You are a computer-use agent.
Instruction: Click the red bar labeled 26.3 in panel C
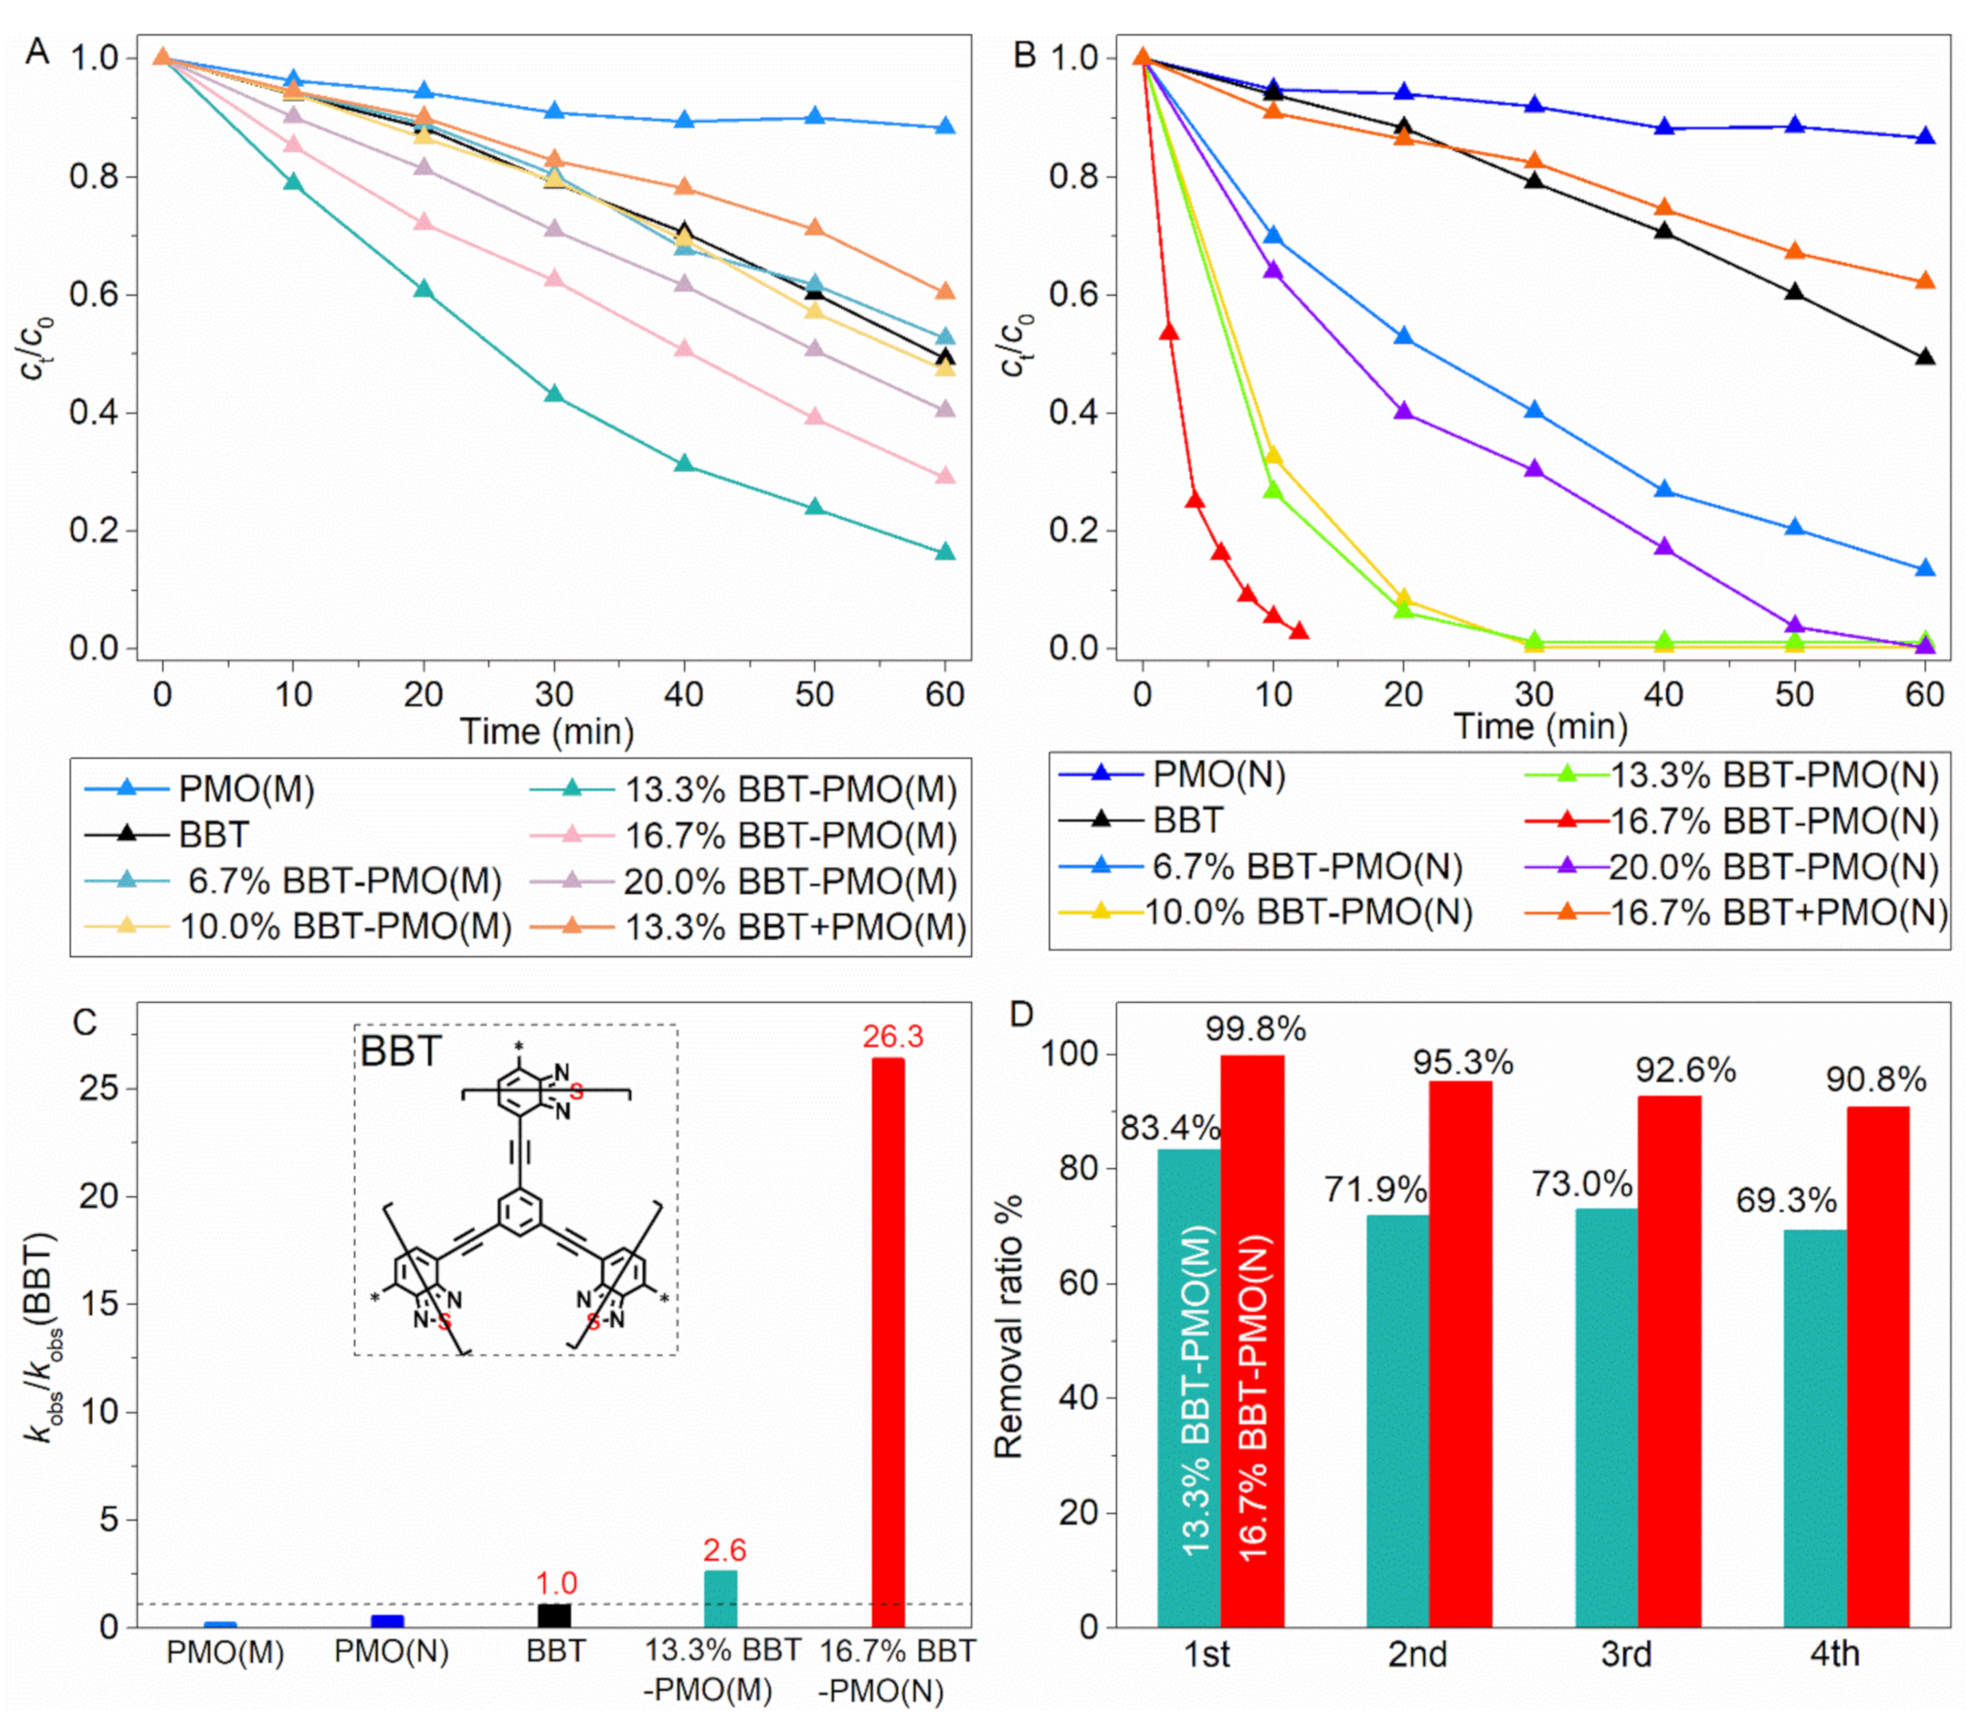coord(887,1343)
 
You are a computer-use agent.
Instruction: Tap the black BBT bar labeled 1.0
coord(555,1616)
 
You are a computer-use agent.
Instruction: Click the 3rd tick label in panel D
coord(1626,1655)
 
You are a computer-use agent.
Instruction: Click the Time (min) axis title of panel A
coord(547,733)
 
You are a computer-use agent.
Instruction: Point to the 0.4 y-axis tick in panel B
coord(1071,413)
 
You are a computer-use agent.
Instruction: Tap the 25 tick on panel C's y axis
coord(98,1090)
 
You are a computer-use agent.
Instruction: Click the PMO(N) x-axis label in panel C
coord(391,1653)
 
